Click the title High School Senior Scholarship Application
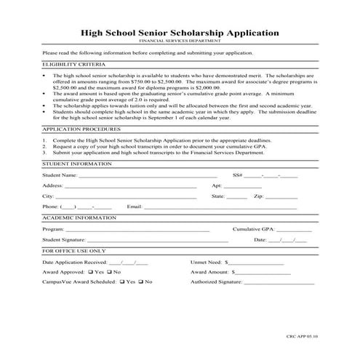point(180,33)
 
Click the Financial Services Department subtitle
point(180,43)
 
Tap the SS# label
point(237,175)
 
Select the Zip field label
point(258,196)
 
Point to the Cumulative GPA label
point(255,228)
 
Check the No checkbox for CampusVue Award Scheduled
point(141,281)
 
